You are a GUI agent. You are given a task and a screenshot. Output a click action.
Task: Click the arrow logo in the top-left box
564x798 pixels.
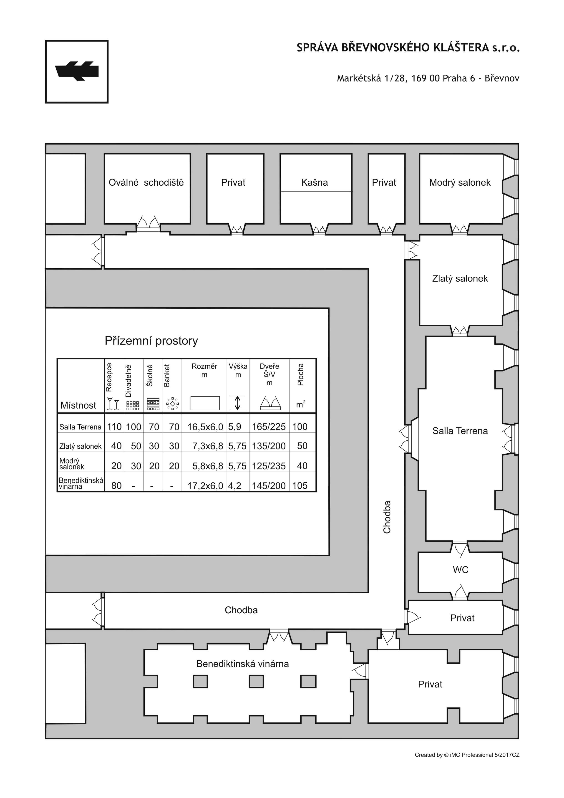[x=77, y=71]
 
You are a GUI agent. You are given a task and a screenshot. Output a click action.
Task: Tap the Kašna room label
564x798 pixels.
[x=315, y=182]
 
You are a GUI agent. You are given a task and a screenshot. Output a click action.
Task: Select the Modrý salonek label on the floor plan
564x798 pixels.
[x=460, y=182]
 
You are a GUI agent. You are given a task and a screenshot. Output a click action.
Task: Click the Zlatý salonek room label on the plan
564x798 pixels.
[x=460, y=278]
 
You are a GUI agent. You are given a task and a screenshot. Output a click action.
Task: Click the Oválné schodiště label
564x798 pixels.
[x=146, y=182]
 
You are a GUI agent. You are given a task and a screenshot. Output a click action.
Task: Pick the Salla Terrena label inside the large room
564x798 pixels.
[x=460, y=431]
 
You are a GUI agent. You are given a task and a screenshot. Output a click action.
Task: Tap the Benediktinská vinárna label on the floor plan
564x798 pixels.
[x=243, y=664]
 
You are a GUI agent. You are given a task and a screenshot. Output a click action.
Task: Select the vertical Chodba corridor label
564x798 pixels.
[x=387, y=517]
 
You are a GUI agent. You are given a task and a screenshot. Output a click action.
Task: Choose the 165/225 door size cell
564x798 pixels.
[x=269, y=427]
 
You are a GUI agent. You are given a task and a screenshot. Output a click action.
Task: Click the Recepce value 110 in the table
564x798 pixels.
[x=114, y=427]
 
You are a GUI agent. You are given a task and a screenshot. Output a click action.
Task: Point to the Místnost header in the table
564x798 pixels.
[x=78, y=405]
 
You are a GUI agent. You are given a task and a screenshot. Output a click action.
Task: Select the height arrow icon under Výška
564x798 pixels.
[x=238, y=403]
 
